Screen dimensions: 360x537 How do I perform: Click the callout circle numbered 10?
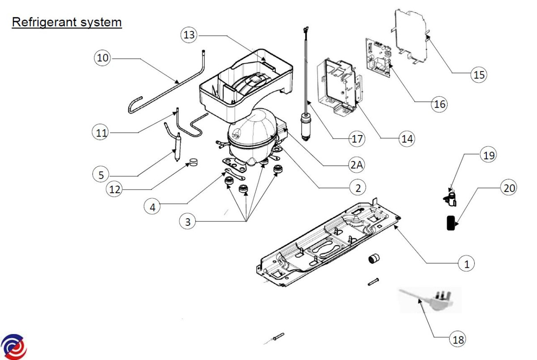(x=102, y=59)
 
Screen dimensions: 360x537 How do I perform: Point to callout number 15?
(x=479, y=75)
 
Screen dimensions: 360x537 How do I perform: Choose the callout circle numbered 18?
(x=456, y=339)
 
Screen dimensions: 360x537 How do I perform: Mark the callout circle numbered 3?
(x=188, y=221)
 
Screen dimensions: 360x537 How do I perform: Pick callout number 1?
(x=466, y=264)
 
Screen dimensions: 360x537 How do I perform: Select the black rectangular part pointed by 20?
(x=450, y=223)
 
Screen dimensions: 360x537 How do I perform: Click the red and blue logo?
(x=13, y=347)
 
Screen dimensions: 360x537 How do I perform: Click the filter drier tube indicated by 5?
(x=177, y=147)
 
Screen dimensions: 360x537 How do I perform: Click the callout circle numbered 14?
(x=407, y=139)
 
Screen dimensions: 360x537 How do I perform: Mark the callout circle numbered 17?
(x=357, y=139)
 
